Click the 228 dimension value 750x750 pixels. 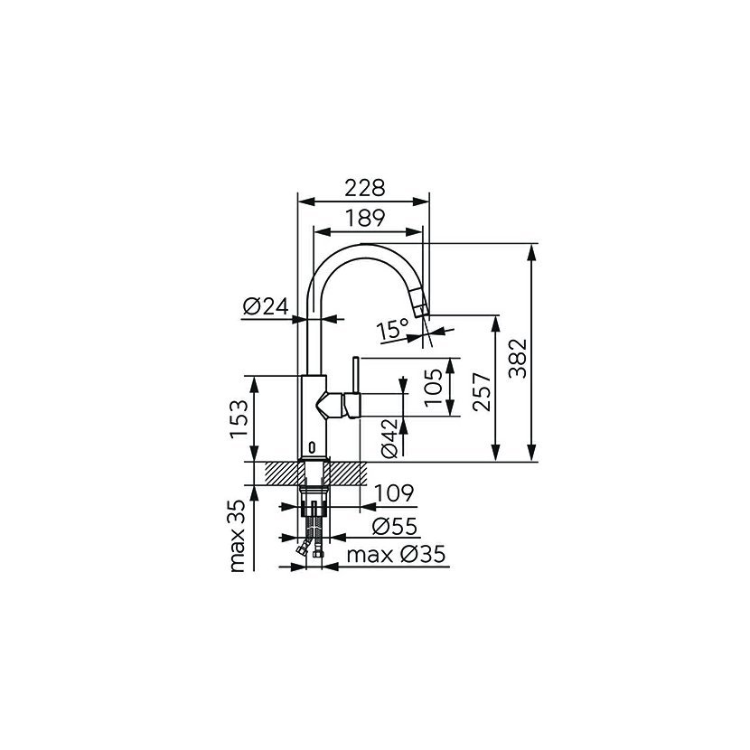tap(365, 188)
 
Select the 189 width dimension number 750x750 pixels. tap(365, 218)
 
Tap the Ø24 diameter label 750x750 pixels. tap(266, 306)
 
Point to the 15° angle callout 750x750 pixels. tap(392, 329)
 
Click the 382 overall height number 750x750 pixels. tap(517, 358)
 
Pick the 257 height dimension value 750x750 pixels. tap(483, 391)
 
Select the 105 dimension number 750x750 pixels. tap(434, 387)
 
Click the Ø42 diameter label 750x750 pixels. tap(389, 438)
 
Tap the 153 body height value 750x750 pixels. tap(239, 419)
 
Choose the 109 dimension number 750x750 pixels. tap(394, 492)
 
